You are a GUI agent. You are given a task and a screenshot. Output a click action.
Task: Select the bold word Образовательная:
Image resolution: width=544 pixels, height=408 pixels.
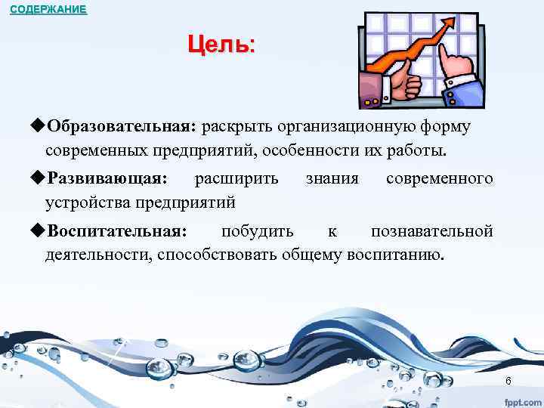point(120,126)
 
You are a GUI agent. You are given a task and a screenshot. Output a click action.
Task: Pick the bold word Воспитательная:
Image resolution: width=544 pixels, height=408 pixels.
point(116,230)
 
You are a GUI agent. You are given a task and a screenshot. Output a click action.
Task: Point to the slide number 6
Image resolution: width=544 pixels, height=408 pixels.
point(508,381)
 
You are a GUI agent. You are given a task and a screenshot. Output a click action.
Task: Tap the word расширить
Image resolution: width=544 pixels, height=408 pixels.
point(236,179)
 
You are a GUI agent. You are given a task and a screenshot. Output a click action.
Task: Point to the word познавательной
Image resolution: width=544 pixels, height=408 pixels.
point(432,230)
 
